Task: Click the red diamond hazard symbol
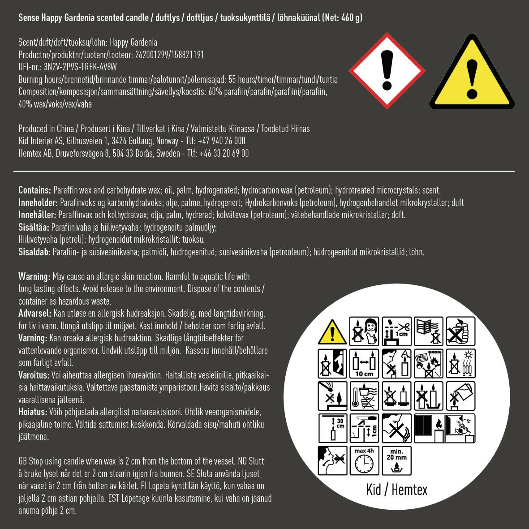point(387,71)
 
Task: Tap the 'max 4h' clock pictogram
point(364,460)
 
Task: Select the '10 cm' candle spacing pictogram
point(364,363)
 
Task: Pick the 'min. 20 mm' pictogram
point(396,460)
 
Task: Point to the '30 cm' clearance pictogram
point(332,428)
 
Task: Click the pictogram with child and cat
point(364,331)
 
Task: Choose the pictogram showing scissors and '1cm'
point(396,331)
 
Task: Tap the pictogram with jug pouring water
point(460,396)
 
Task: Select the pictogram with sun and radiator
point(460,363)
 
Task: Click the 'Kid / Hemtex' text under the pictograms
point(396,490)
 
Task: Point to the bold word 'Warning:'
point(34,276)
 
